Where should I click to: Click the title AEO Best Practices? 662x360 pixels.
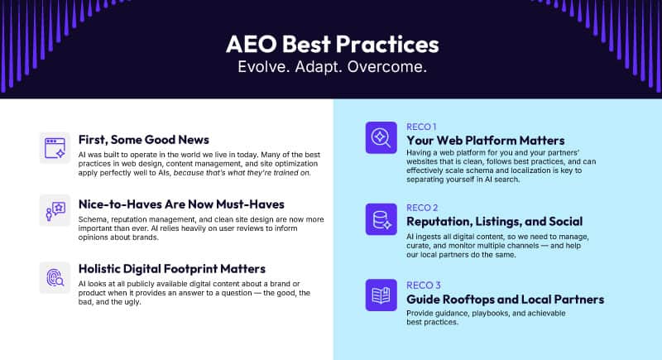[x=332, y=44]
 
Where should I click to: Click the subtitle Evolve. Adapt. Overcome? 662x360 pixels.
[x=332, y=67]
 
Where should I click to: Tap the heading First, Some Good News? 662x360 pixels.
[x=143, y=139]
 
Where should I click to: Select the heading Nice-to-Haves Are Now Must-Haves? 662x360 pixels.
[x=181, y=204]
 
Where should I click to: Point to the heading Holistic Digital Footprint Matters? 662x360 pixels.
[x=171, y=268]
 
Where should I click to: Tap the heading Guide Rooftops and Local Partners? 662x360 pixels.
[x=503, y=299]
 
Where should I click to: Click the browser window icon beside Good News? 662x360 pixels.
[x=55, y=148]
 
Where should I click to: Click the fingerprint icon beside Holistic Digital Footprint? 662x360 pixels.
[x=55, y=277]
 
